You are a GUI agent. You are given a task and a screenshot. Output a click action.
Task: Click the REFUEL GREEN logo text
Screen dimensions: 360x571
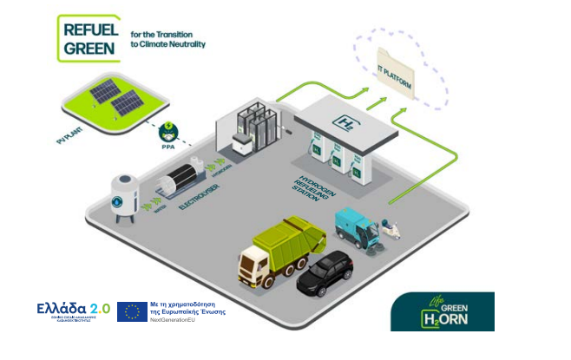click(87, 37)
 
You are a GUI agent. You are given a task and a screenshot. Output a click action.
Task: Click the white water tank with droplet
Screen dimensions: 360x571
click(124, 193)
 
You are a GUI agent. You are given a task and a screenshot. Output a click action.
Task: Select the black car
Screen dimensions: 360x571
click(325, 272)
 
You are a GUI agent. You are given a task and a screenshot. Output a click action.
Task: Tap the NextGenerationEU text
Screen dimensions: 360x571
click(178, 321)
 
